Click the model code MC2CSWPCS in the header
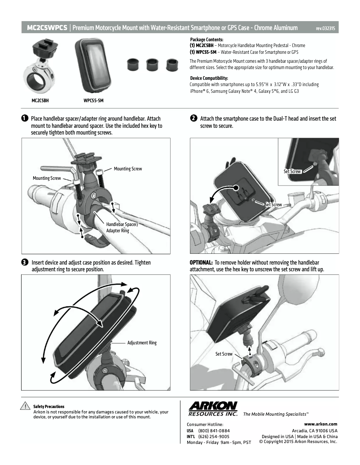[47, 28]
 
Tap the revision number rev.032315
[325, 28]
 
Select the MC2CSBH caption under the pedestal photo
[40, 100]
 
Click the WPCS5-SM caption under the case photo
[93, 100]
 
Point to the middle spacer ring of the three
[152, 65]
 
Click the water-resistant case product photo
[93, 65]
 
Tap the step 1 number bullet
[25, 118]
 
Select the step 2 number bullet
[193, 118]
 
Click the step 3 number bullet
[25, 262]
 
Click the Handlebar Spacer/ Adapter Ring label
[122, 227]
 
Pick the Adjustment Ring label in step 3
[142, 343]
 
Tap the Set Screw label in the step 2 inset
[292, 171]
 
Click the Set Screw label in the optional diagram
[224, 354]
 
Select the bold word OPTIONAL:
[201, 262]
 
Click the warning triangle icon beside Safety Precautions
[25, 406]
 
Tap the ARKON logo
[213, 409]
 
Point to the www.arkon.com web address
[320, 424]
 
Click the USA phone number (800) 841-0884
[214, 430]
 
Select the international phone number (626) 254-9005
[214, 437]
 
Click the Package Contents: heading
[206, 39]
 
